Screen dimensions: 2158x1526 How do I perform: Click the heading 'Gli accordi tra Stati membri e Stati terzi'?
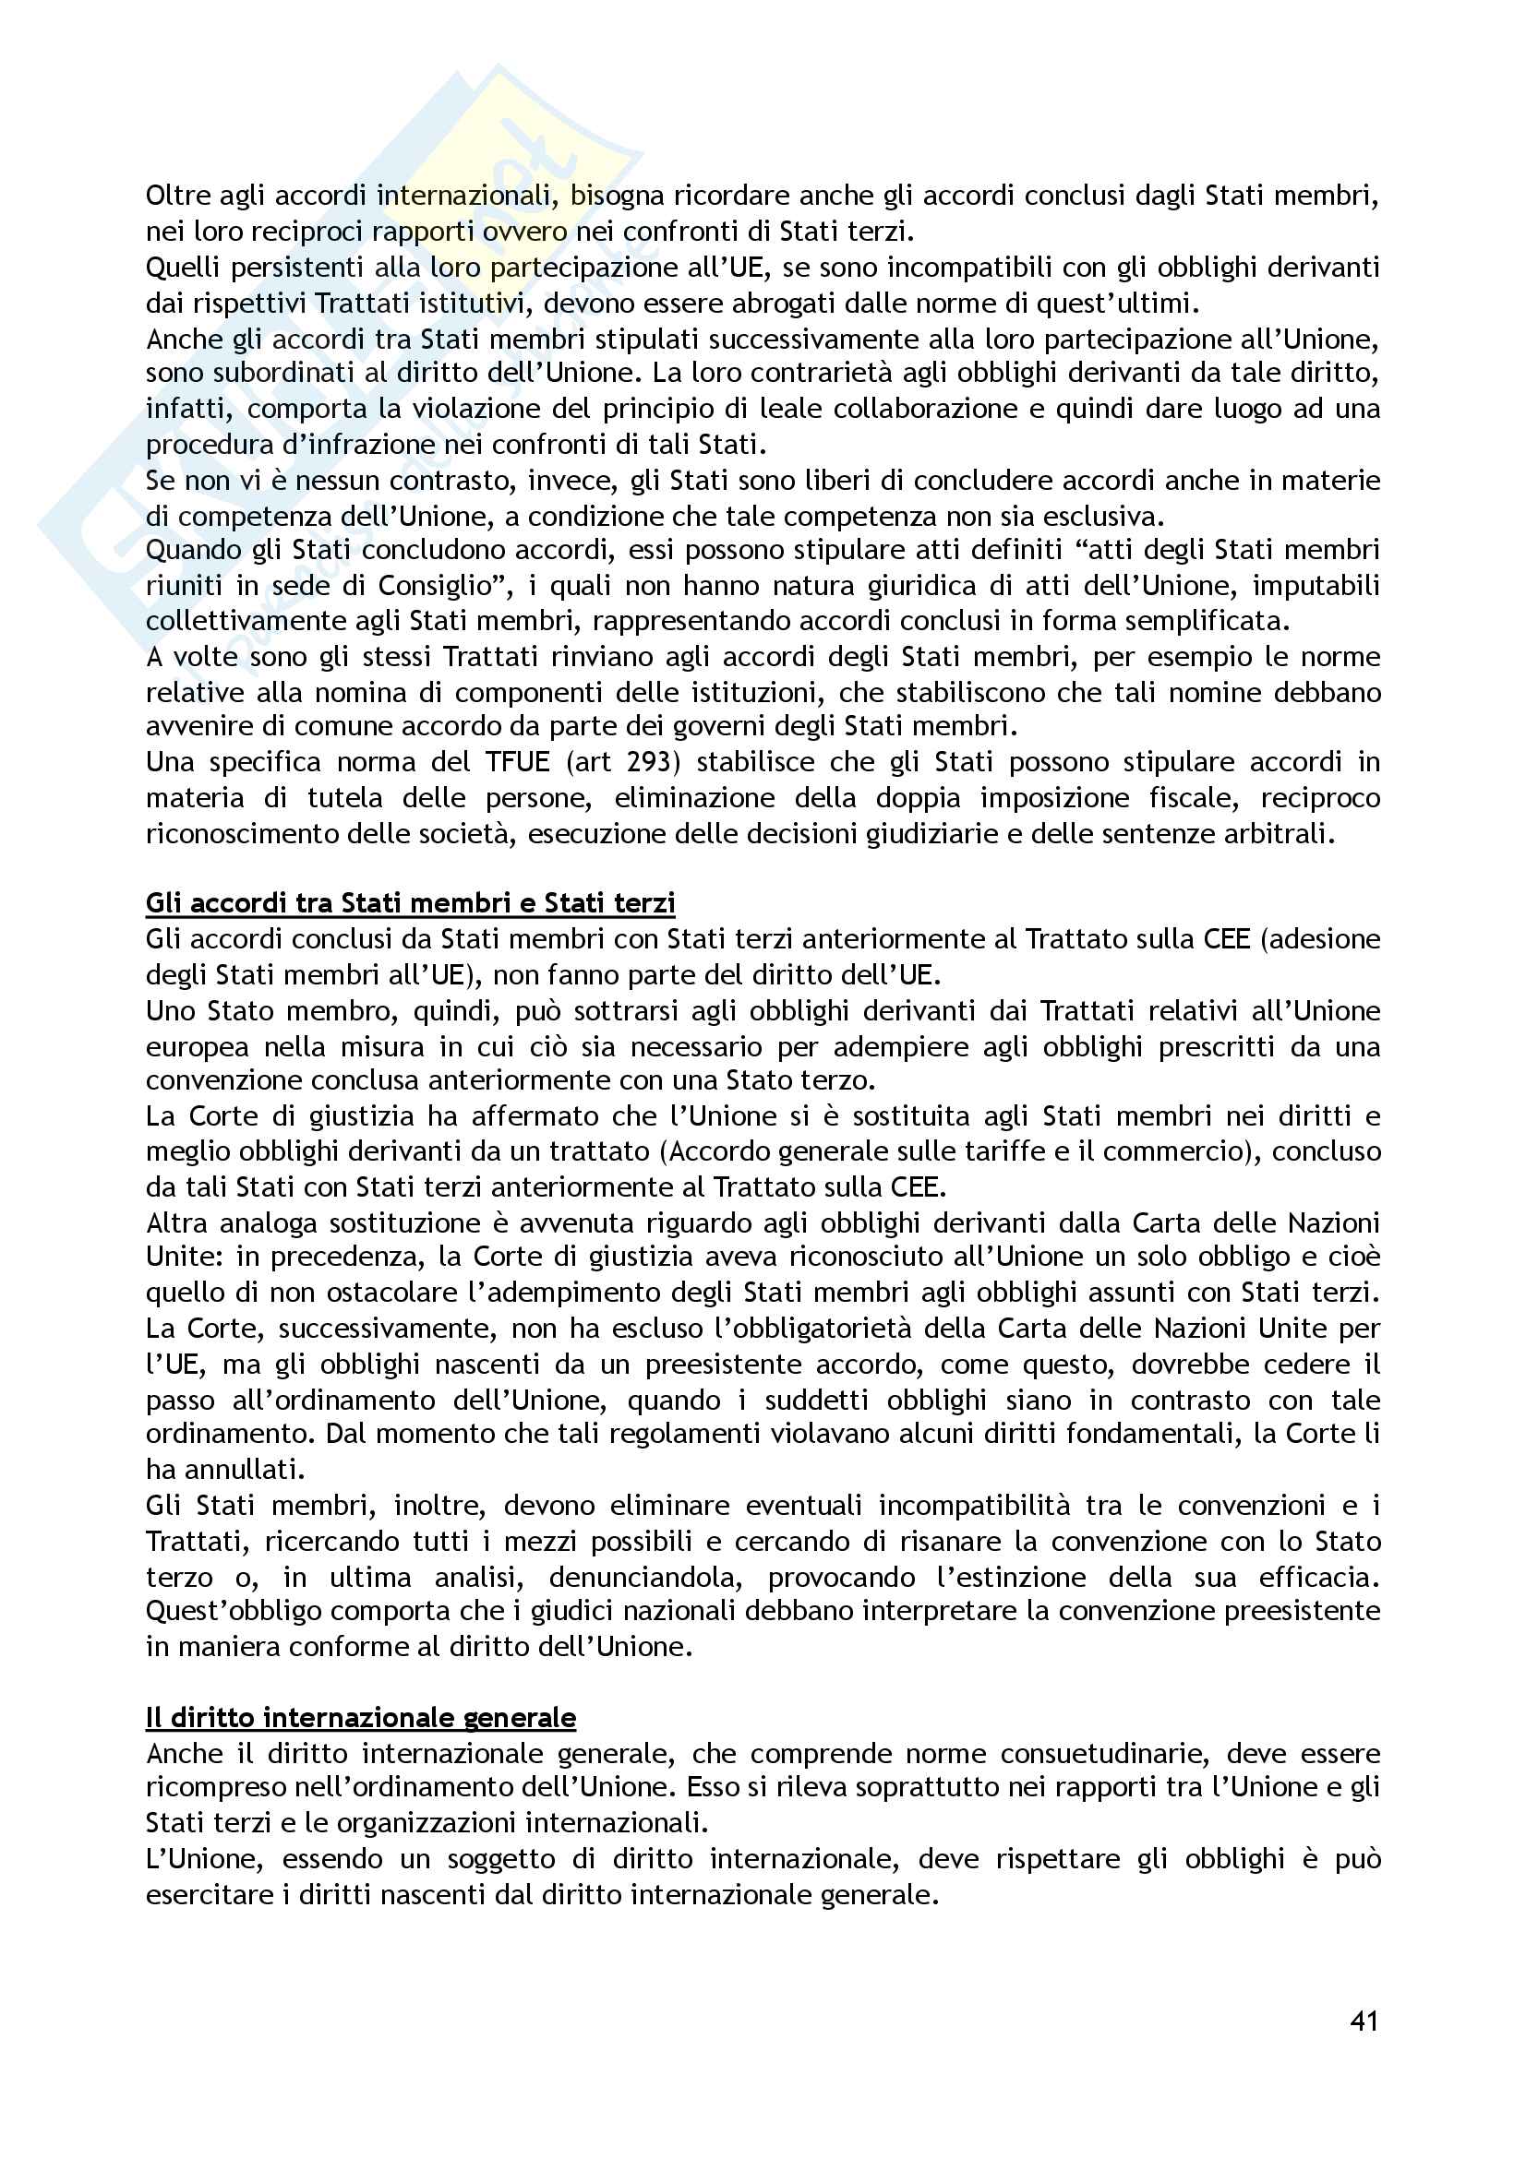pos(410,903)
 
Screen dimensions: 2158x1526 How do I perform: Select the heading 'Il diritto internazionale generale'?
pos(360,1718)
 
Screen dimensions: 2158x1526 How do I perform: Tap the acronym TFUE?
pos(517,762)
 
